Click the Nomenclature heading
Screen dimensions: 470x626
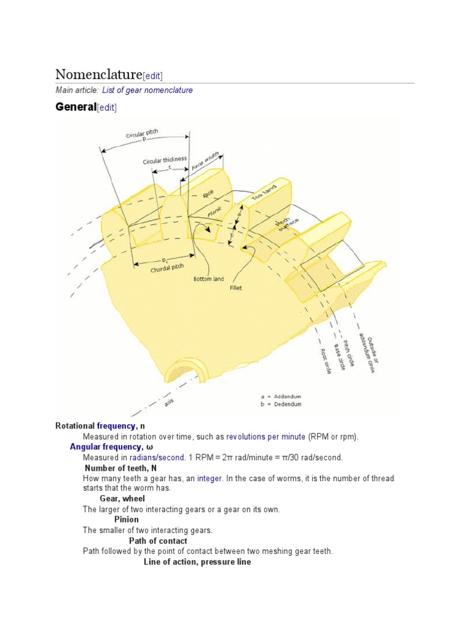(98, 75)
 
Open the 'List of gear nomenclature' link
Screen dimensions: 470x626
(143, 90)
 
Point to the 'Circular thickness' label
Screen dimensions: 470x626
(165, 160)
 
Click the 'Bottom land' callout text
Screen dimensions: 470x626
(209, 279)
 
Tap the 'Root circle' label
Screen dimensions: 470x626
(326, 361)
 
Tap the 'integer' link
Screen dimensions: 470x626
(209, 478)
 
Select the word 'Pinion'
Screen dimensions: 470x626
(126, 520)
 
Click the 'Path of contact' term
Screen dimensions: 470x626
(158, 540)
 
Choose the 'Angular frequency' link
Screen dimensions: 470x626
(105, 447)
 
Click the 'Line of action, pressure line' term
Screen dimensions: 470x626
(197, 561)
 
